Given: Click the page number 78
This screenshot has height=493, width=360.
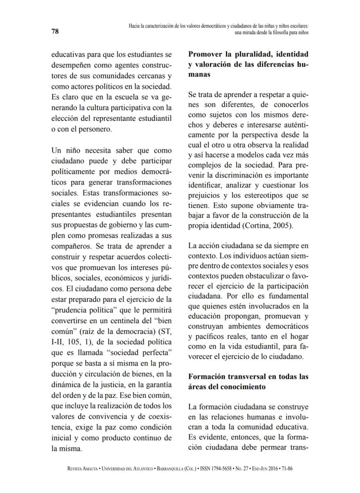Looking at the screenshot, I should coord(56,31).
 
